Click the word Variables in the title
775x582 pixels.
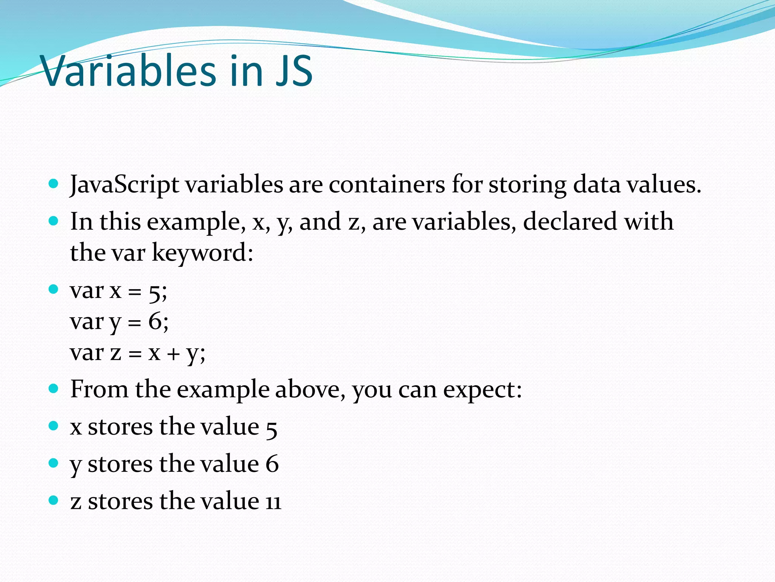click(129, 70)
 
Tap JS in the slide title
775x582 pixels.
click(294, 70)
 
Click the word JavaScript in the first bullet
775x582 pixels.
click(124, 185)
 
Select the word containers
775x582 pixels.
click(387, 185)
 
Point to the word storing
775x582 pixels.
click(527, 185)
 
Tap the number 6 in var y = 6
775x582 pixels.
click(155, 322)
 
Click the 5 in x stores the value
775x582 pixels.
click(271, 429)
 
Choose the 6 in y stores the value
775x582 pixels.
click(272, 464)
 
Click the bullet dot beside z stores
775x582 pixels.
click(54, 500)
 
